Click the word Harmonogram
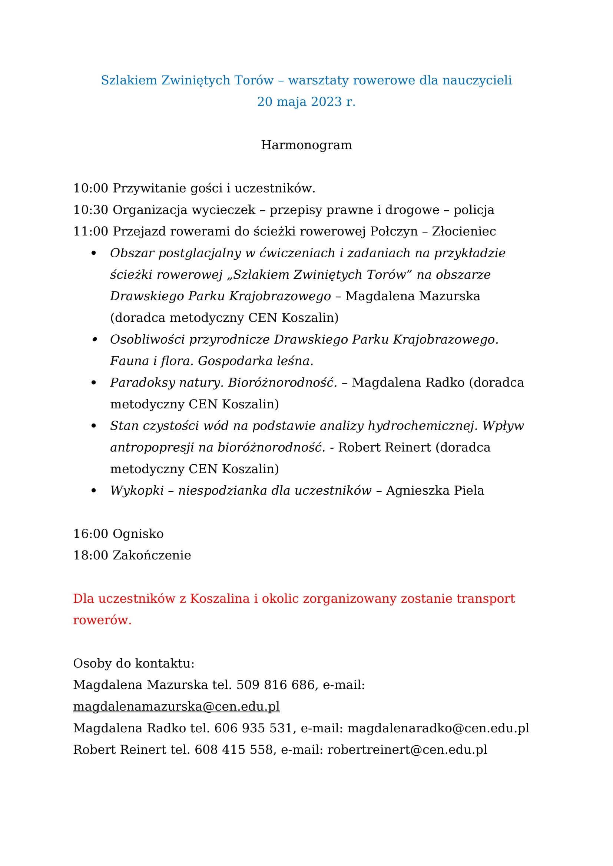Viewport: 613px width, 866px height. pyautogui.click(x=306, y=145)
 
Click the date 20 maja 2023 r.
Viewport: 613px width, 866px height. pyautogui.click(x=306, y=102)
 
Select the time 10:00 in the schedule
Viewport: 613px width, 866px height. pyautogui.click(x=90, y=188)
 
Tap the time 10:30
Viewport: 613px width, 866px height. pyautogui.click(x=90, y=210)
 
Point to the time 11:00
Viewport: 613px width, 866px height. pyautogui.click(x=90, y=231)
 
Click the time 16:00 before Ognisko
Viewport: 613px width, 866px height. pyautogui.click(x=90, y=534)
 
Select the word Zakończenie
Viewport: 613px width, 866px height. pyautogui.click(x=152, y=556)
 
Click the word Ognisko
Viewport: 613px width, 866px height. pyautogui.click(x=138, y=534)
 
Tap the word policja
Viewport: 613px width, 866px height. pyautogui.click(x=474, y=210)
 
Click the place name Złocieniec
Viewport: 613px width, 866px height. pyautogui.click(x=464, y=231)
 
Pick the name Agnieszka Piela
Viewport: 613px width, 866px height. pyautogui.click(x=435, y=491)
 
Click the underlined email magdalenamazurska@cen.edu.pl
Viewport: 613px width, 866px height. pyautogui.click(x=176, y=706)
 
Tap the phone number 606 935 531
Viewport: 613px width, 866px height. pyautogui.click(x=253, y=728)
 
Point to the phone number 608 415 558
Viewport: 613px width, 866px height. pyautogui.click(x=233, y=749)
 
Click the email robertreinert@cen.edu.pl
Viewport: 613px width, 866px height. pyautogui.click(x=407, y=749)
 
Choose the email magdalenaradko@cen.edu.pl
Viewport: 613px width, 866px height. pyautogui.click(x=438, y=728)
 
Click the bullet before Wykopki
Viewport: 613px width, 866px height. pyautogui.click(x=94, y=491)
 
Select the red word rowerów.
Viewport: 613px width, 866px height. pyautogui.click(x=102, y=621)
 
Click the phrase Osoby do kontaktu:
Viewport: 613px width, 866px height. pyautogui.click(x=134, y=663)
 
